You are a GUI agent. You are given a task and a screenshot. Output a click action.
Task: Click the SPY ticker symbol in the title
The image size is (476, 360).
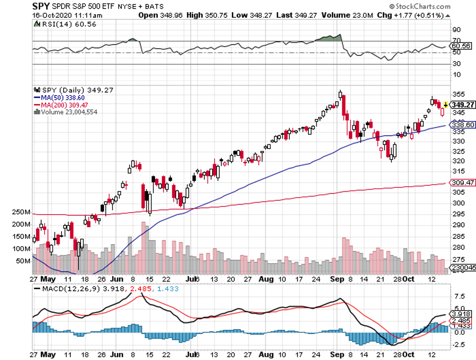[42, 7]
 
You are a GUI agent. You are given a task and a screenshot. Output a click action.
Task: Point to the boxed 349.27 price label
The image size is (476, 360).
[462, 105]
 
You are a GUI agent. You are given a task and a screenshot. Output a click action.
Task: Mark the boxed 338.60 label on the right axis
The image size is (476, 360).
[462, 125]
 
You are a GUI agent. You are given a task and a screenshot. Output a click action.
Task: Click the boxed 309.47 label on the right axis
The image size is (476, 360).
[462, 182]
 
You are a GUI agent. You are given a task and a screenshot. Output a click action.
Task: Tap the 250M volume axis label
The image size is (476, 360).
[23, 212]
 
